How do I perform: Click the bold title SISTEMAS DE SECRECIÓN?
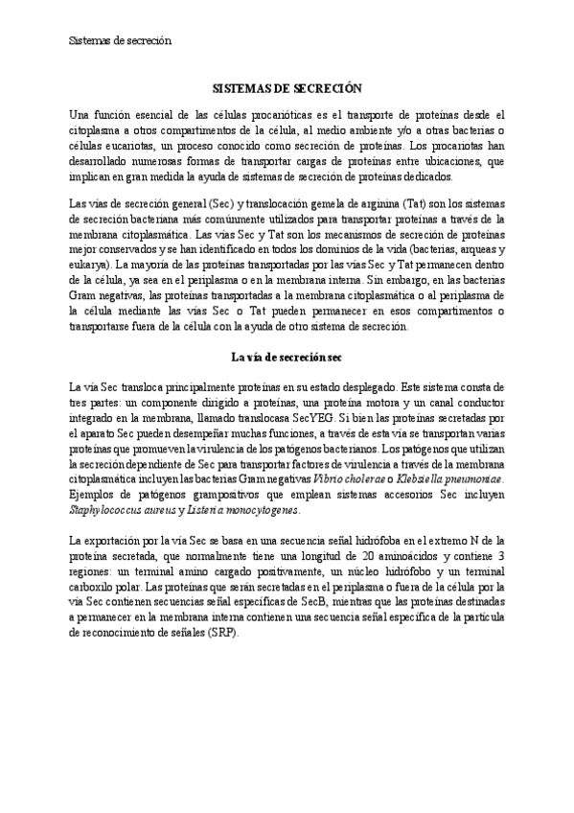(287, 87)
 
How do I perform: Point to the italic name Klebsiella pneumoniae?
(450, 478)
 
